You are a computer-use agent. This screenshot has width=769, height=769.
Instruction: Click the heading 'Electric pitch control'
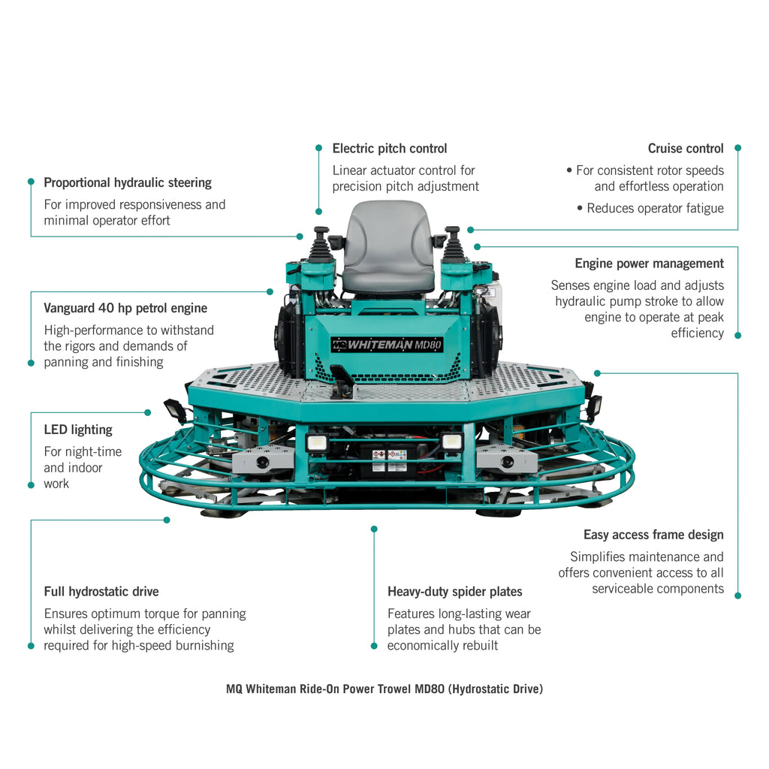[389, 149]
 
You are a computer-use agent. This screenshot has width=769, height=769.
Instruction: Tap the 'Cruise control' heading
[686, 149]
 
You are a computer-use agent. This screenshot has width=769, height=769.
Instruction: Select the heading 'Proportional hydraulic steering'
[128, 182]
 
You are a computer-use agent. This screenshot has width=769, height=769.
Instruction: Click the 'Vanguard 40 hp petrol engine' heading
[125, 308]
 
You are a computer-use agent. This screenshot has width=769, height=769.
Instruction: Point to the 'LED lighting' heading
[78, 430]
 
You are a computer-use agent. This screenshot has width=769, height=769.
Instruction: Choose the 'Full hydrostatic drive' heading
[101, 592]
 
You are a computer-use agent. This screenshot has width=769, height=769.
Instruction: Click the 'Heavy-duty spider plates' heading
[454, 592]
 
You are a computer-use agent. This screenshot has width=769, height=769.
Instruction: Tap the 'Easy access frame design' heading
[653, 535]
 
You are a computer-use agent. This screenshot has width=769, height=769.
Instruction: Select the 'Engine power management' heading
[649, 264]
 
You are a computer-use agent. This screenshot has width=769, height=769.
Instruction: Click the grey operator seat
[388, 248]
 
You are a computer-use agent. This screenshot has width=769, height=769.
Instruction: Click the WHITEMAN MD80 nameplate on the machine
[388, 345]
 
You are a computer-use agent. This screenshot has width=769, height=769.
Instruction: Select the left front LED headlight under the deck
[316, 442]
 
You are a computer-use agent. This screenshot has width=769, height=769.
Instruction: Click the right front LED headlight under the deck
[451, 442]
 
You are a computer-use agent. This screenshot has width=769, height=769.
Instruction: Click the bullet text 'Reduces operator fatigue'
[655, 208]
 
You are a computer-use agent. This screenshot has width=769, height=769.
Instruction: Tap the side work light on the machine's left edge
[176, 411]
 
